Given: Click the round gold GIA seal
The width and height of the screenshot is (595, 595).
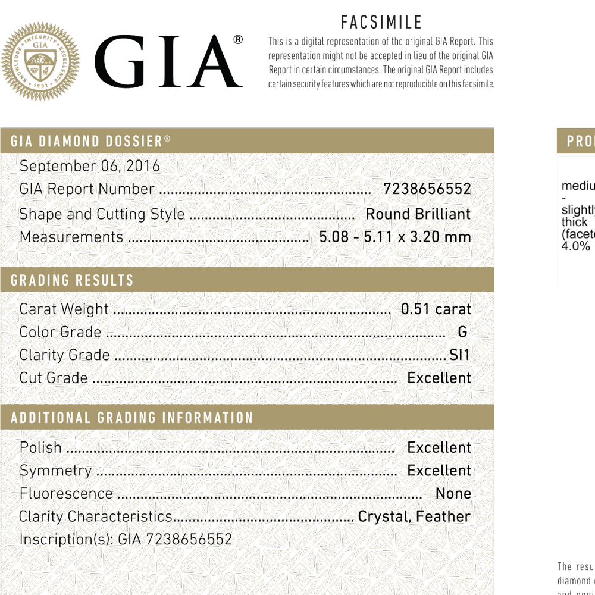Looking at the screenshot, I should pos(40,61).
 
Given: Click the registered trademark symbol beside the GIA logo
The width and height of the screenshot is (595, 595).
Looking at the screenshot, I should pos(238,40).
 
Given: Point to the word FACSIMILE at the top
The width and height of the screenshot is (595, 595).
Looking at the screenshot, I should pos(381,23).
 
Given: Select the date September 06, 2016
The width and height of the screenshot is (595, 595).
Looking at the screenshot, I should pos(90,166).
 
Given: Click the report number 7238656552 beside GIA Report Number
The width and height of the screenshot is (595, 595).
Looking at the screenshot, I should pos(427,189).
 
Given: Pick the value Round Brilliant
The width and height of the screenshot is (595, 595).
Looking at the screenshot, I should pos(418,214).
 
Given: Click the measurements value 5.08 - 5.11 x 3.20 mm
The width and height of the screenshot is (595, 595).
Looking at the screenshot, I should pos(395,237).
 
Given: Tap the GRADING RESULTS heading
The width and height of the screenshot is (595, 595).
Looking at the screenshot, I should pos(72,280).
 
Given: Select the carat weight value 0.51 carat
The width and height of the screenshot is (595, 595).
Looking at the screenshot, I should pos(436,309).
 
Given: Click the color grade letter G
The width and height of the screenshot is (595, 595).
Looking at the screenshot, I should pos(462,332).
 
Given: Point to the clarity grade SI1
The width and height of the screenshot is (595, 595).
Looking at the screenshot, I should pos(459,355).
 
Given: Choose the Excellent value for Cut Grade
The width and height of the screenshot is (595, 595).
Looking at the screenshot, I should pos(439,378).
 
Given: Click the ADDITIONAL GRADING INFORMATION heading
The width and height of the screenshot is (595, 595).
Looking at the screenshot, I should pos(132,418).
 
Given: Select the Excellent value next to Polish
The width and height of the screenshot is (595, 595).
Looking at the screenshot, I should pos(439,447).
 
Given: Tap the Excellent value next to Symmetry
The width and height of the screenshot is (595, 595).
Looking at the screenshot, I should pos(439,471).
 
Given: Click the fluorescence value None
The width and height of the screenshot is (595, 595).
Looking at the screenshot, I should pos(453,494).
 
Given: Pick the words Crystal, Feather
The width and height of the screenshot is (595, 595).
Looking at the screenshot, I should pos(414,516).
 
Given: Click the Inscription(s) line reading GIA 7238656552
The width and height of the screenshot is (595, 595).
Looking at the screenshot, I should pos(126,540).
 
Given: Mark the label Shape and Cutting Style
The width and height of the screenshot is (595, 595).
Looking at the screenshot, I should pos(102,214).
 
